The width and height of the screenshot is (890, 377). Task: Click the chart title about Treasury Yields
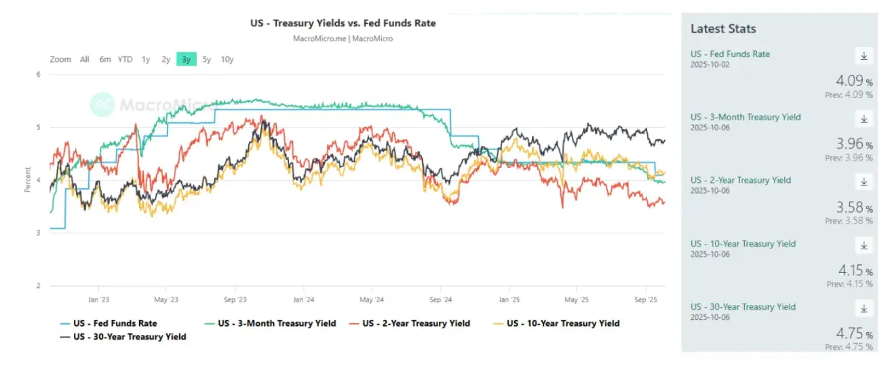click(x=343, y=23)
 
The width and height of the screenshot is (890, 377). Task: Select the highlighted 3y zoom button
click(x=186, y=59)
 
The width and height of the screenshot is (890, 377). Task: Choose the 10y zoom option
click(x=227, y=59)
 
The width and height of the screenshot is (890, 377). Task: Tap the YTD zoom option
click(x=125, y=59)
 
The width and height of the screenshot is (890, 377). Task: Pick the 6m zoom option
click(x=104, y=59)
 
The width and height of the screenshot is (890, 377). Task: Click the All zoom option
click(x=84, y=59)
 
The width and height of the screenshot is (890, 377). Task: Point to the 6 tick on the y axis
click(x=38, y=74)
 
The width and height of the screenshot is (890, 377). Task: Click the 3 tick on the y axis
click(x=38, y=233)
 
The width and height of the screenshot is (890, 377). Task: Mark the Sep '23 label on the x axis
click(x=234, y=299)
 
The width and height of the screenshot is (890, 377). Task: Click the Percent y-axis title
click(x=28, y=180)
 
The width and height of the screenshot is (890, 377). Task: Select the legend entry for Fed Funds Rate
click(x=109, y=323)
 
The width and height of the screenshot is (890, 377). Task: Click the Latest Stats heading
click(x=723, y=29)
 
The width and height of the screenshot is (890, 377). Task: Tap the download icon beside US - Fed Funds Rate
click(x=864, y=56)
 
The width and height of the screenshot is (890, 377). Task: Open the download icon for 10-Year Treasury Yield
click(x=864, y=245)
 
